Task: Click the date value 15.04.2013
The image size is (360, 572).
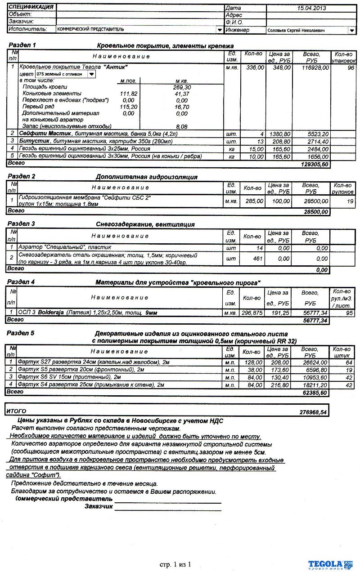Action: coord(311,8)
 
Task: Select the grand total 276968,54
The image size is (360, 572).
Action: coord(314,412)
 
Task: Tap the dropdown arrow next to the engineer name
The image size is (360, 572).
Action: coord(351,30)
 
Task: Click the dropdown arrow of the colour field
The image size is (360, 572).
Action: coord(91,74)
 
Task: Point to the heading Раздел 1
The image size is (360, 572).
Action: coord(22,45)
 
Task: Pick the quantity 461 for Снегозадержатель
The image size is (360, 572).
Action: coord(256,259)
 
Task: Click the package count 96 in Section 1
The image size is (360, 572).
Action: coord(351,67)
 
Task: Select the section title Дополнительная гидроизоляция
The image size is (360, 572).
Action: coord(146,177)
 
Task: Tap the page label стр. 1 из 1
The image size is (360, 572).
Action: coord(175,564)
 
